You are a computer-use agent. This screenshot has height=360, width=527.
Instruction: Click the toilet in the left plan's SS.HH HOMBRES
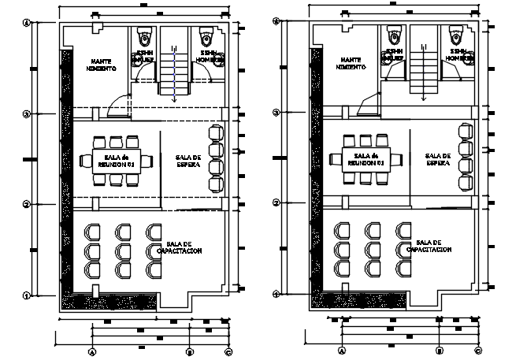(x=207, y=37)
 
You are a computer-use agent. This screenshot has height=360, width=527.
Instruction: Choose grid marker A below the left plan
(x=92, y=351)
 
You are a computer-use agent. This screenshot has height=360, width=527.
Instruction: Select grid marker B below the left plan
(x=189, y=351)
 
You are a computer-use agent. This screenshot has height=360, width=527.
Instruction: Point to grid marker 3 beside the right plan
(x=276, y=114)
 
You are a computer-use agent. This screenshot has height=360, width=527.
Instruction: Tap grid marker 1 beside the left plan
(x=26, y=296)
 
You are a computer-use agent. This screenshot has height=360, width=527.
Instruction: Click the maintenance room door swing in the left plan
(x=120, y=105)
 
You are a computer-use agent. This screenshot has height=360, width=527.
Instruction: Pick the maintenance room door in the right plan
(x=368, y=105)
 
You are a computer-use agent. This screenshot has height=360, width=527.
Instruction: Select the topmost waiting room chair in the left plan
(x=216, y=131)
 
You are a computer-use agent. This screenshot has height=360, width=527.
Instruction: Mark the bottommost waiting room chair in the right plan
(x=466, y=184)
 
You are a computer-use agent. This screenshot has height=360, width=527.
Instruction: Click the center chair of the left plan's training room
(x=123, y=251)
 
